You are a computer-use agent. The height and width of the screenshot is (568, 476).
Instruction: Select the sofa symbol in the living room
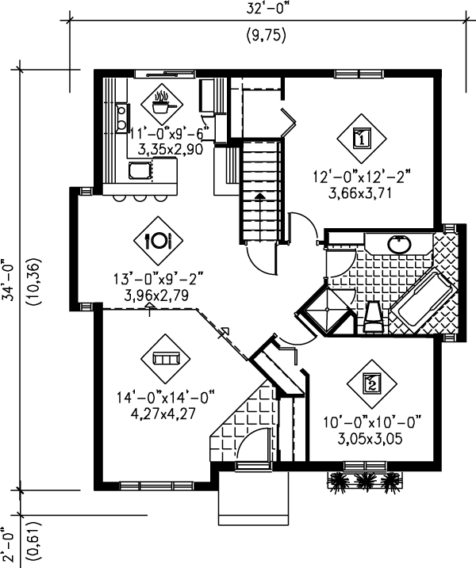click(x=166, y=359)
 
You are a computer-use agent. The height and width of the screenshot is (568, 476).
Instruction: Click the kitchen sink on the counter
click(x=140, y=169)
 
